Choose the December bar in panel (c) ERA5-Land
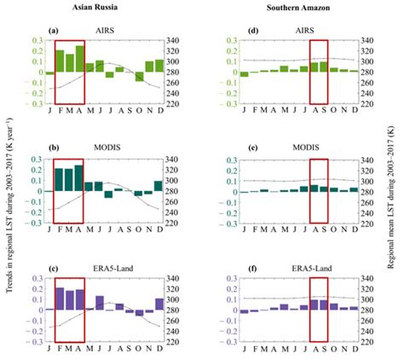[159, 304]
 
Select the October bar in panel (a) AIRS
[139, 77]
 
